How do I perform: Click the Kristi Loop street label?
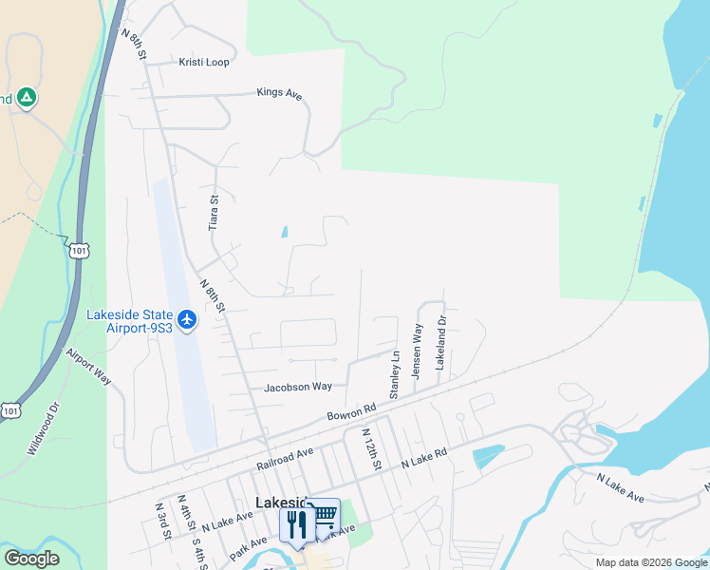point(204,62)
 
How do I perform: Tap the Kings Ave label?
point(279,93)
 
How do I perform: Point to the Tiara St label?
point(214,212)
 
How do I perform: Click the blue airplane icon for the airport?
point(186,319)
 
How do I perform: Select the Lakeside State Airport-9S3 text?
point(130,321)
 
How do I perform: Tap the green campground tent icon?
point(27,97)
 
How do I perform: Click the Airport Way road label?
point(89,366)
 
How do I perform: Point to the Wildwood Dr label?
point(43,427)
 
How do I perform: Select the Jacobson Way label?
point(298,387)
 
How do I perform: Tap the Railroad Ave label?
point(285,461)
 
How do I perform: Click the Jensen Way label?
point(417,351)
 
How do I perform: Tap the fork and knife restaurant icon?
point(295,522)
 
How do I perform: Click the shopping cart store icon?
point(325,514)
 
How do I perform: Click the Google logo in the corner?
point(31,559)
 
